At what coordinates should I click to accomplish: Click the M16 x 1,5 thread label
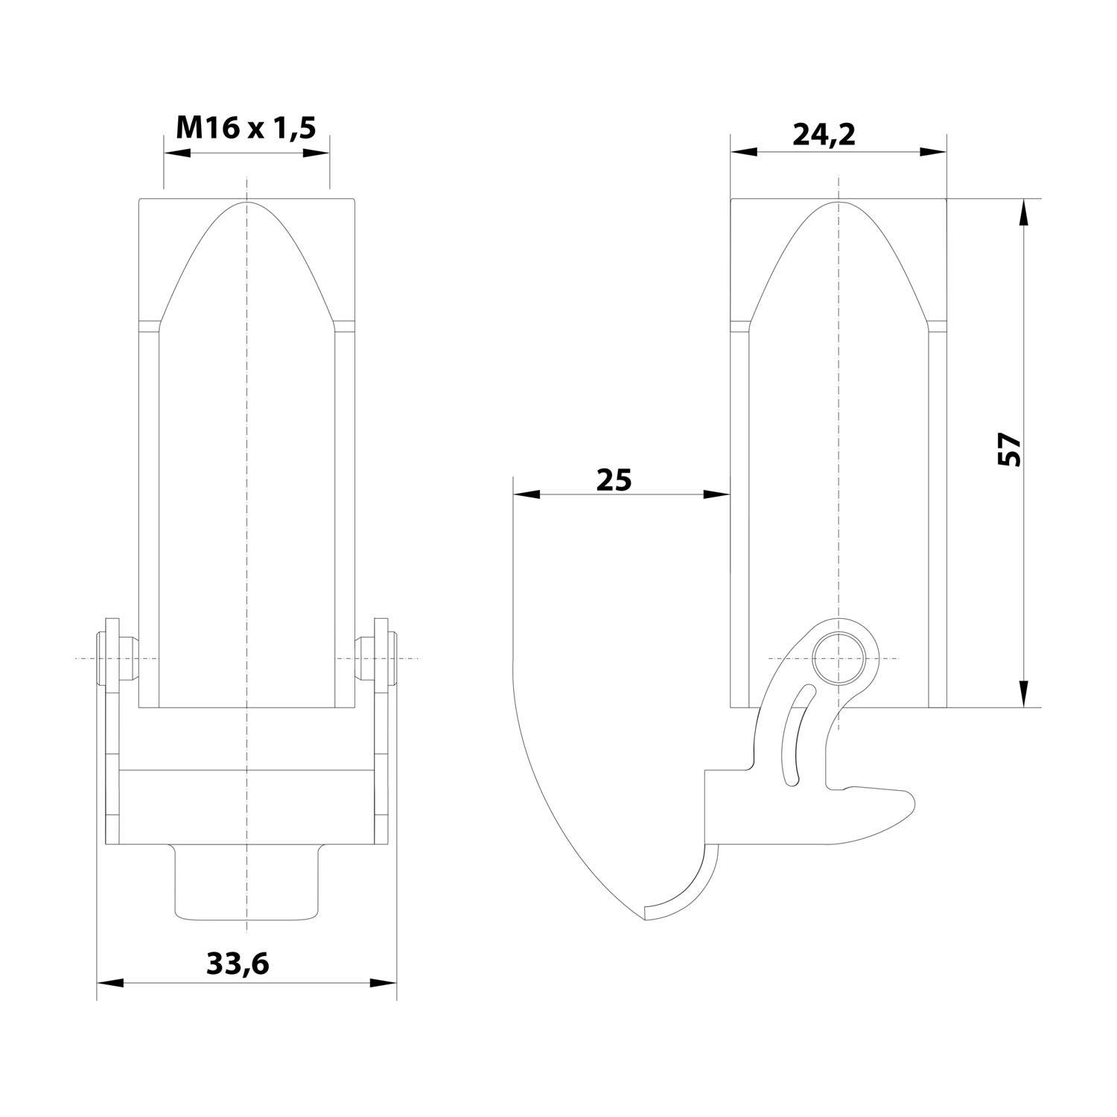tap(246, 128)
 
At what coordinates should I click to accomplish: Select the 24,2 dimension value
tap(824, 134)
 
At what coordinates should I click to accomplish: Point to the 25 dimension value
tap(614, 480)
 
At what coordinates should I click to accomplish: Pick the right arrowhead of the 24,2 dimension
tap(933, 152)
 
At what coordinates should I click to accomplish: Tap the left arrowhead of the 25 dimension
tap(526, 494)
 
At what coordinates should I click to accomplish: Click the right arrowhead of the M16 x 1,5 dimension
tap(316, 153)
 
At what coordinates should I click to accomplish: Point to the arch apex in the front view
tap(246, 202)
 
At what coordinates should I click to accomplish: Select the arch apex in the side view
tap(838, 202)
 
